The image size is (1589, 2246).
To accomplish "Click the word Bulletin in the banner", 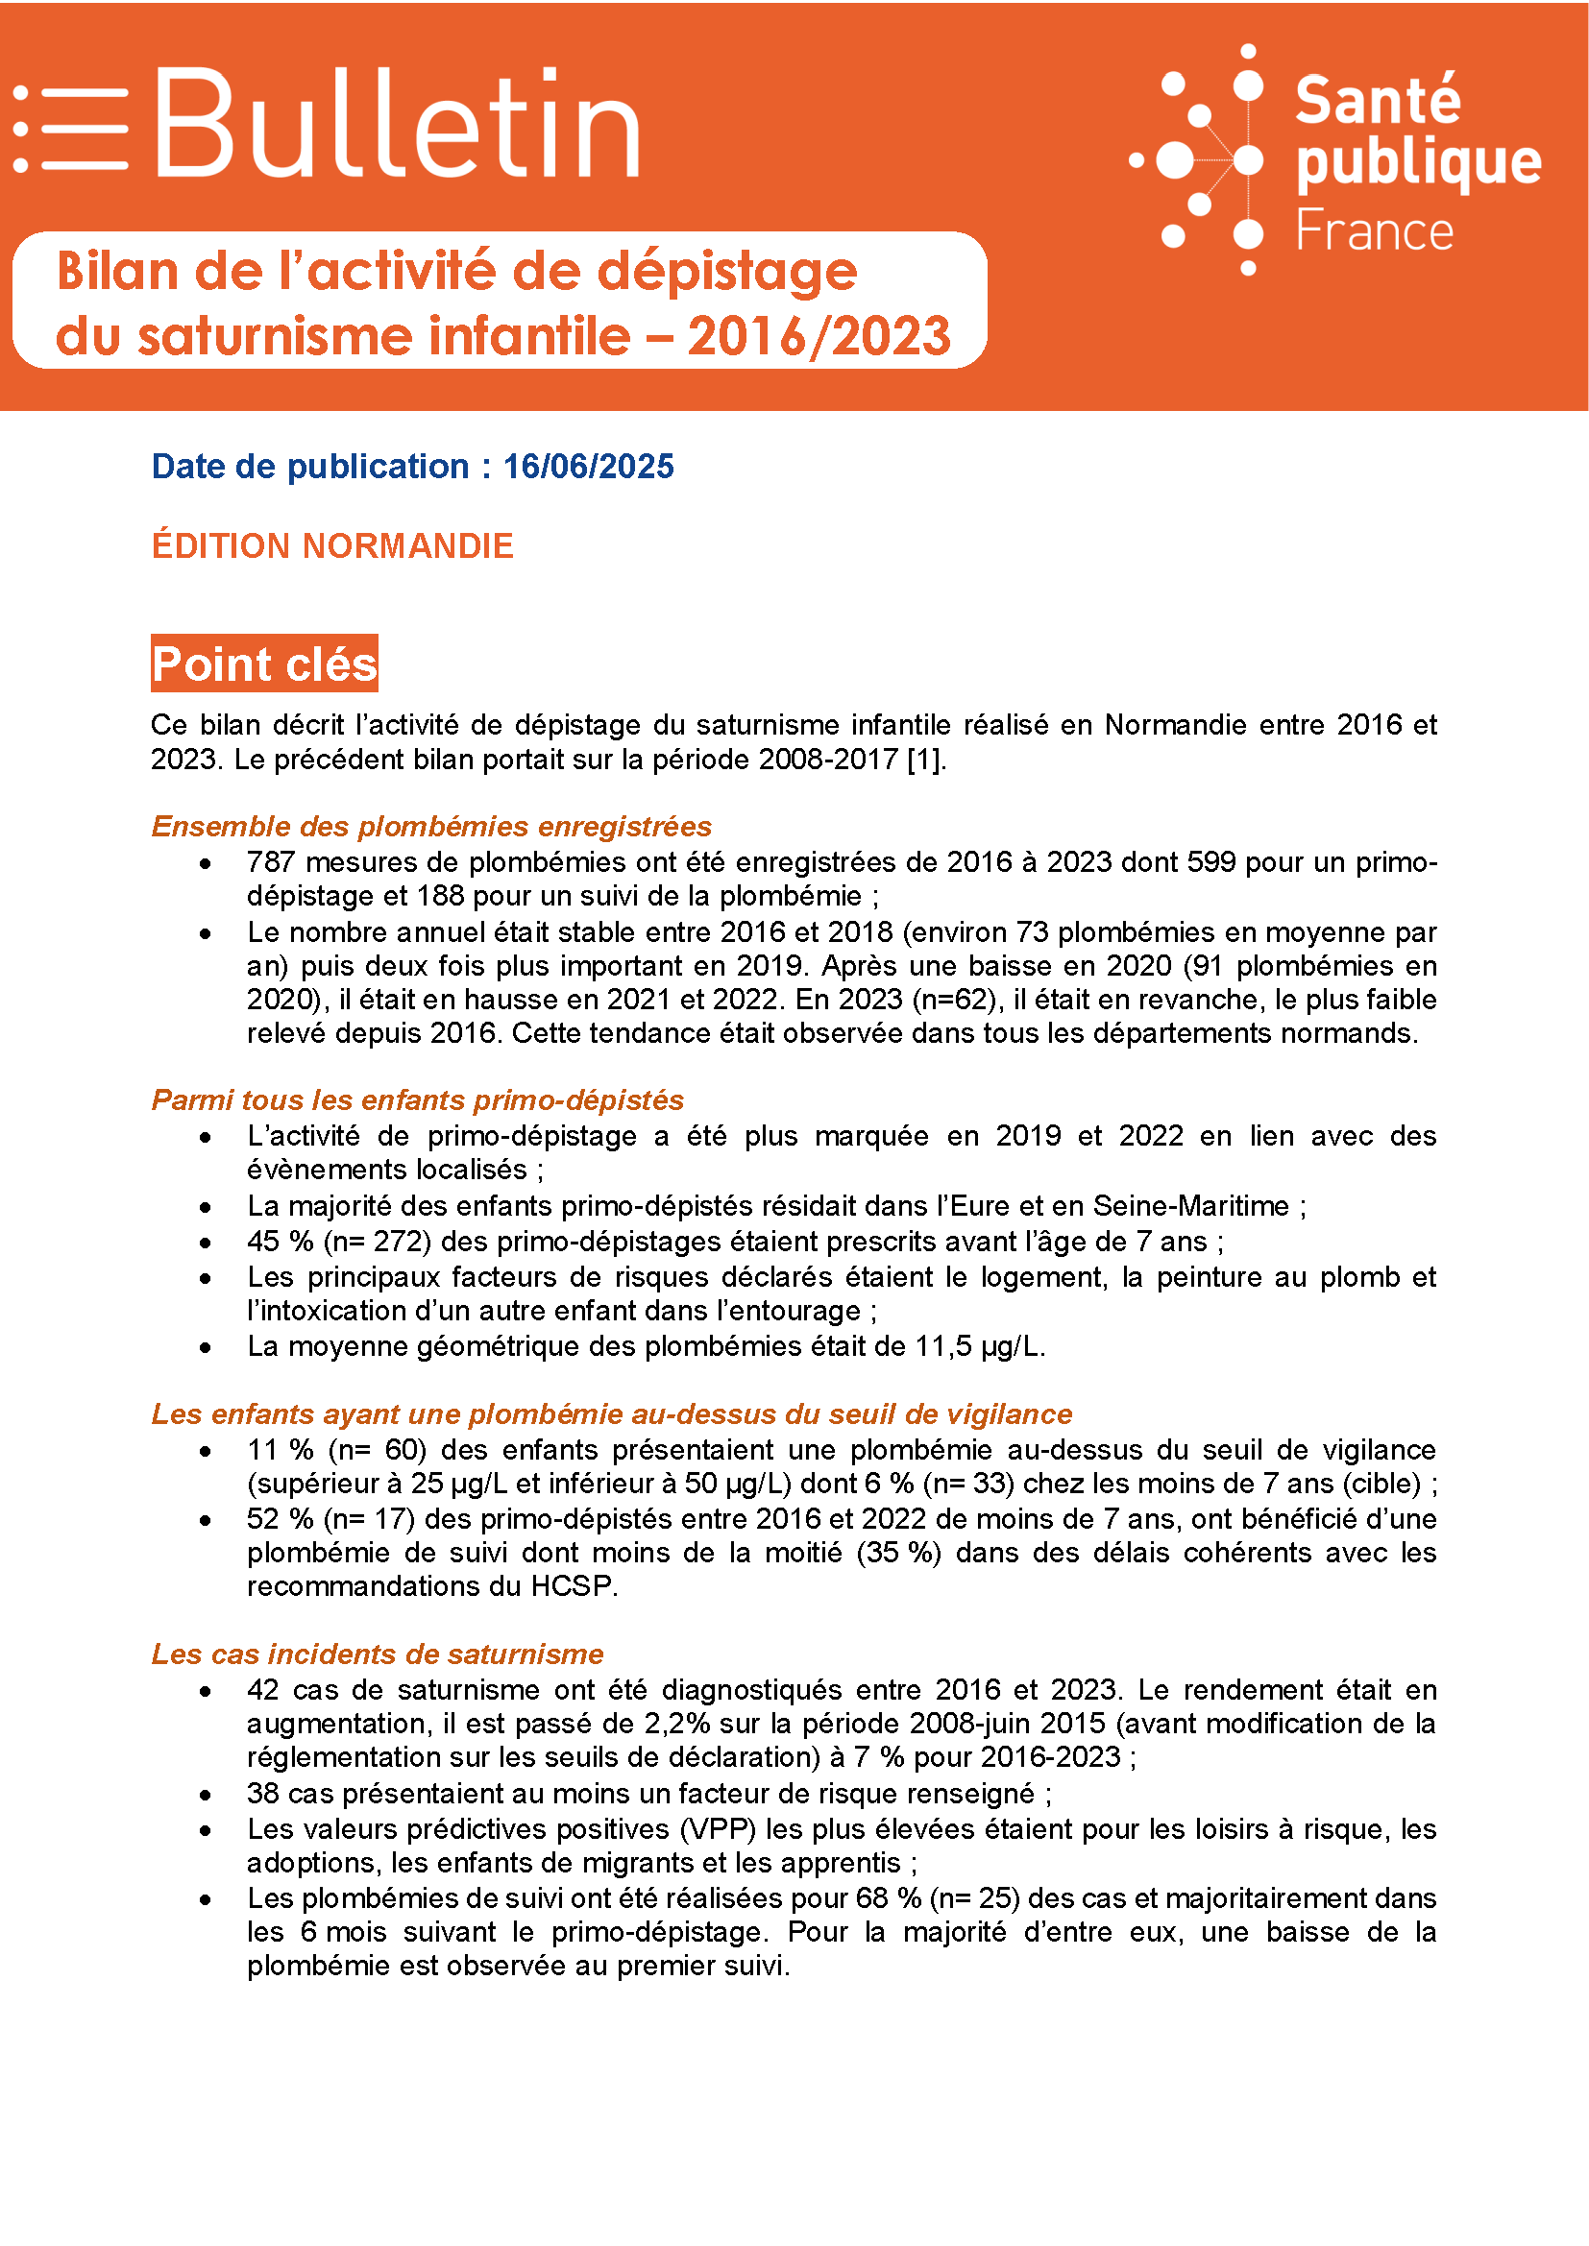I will pyautogui.click(x=396, y=125).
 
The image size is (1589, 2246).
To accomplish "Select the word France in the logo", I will pyautogui.click(x=1374, y=231).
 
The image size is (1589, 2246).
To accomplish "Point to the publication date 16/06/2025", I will pyautogui.click(x=588, y=467).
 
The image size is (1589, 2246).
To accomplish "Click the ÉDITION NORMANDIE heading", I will pyautogui.click(x=331, y=545).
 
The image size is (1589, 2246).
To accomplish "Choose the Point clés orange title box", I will pyautogui.click(x=264, y=664).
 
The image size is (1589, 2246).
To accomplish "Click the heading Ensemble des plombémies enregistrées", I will pyautogui.click(x=430, y=827).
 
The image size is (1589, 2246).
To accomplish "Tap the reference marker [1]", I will pyautogui.click(x=924, y=761).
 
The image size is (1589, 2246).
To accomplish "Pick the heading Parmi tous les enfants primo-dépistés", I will pyautogui.click(x=417, y=1100).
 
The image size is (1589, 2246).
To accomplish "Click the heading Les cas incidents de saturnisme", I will pyautogui.click(x=377, y=1654).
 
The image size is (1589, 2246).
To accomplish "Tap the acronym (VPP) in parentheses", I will pyautogui.click(x=724, y=1829).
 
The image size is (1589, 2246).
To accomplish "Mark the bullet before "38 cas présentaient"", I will pyautogui.click(x=206, y=1795).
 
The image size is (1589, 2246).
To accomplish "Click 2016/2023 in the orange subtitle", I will pyautogui.click(x=818, y=336).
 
